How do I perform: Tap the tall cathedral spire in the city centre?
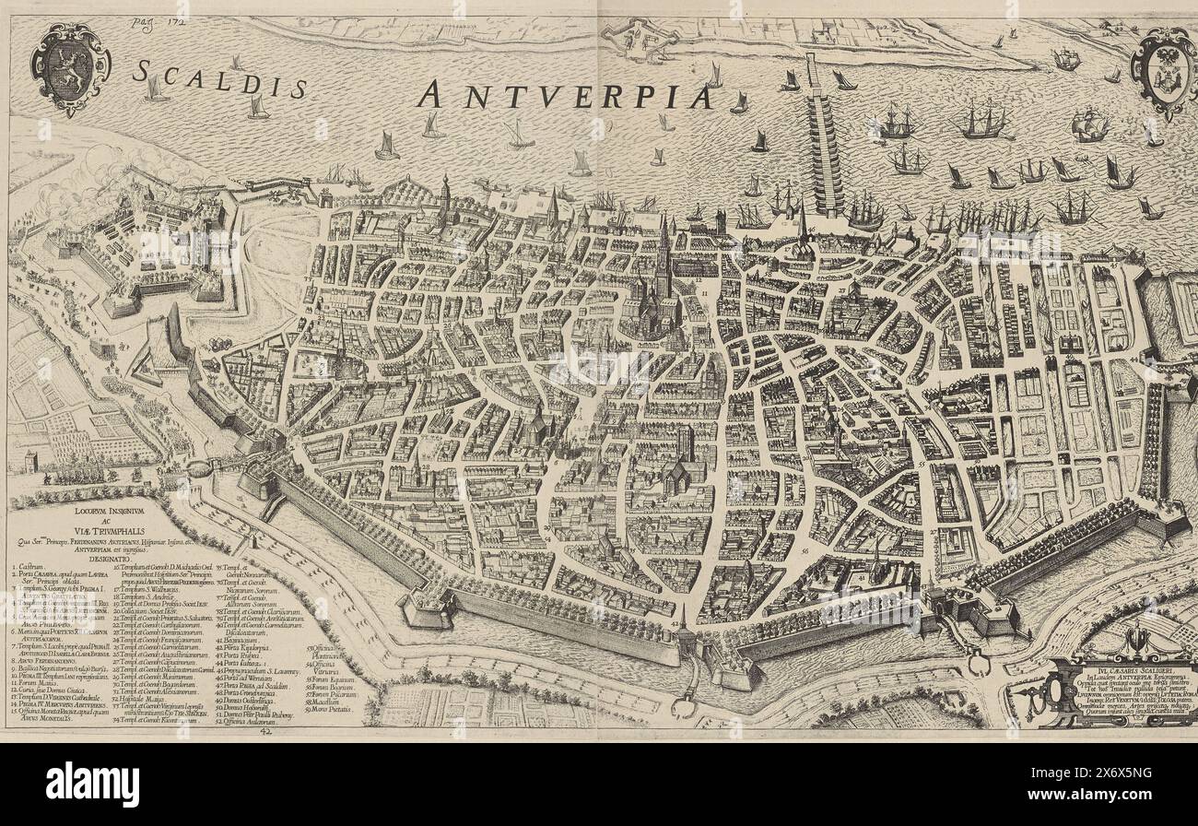(662, 254)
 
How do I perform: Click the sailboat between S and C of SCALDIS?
(155, 89)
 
